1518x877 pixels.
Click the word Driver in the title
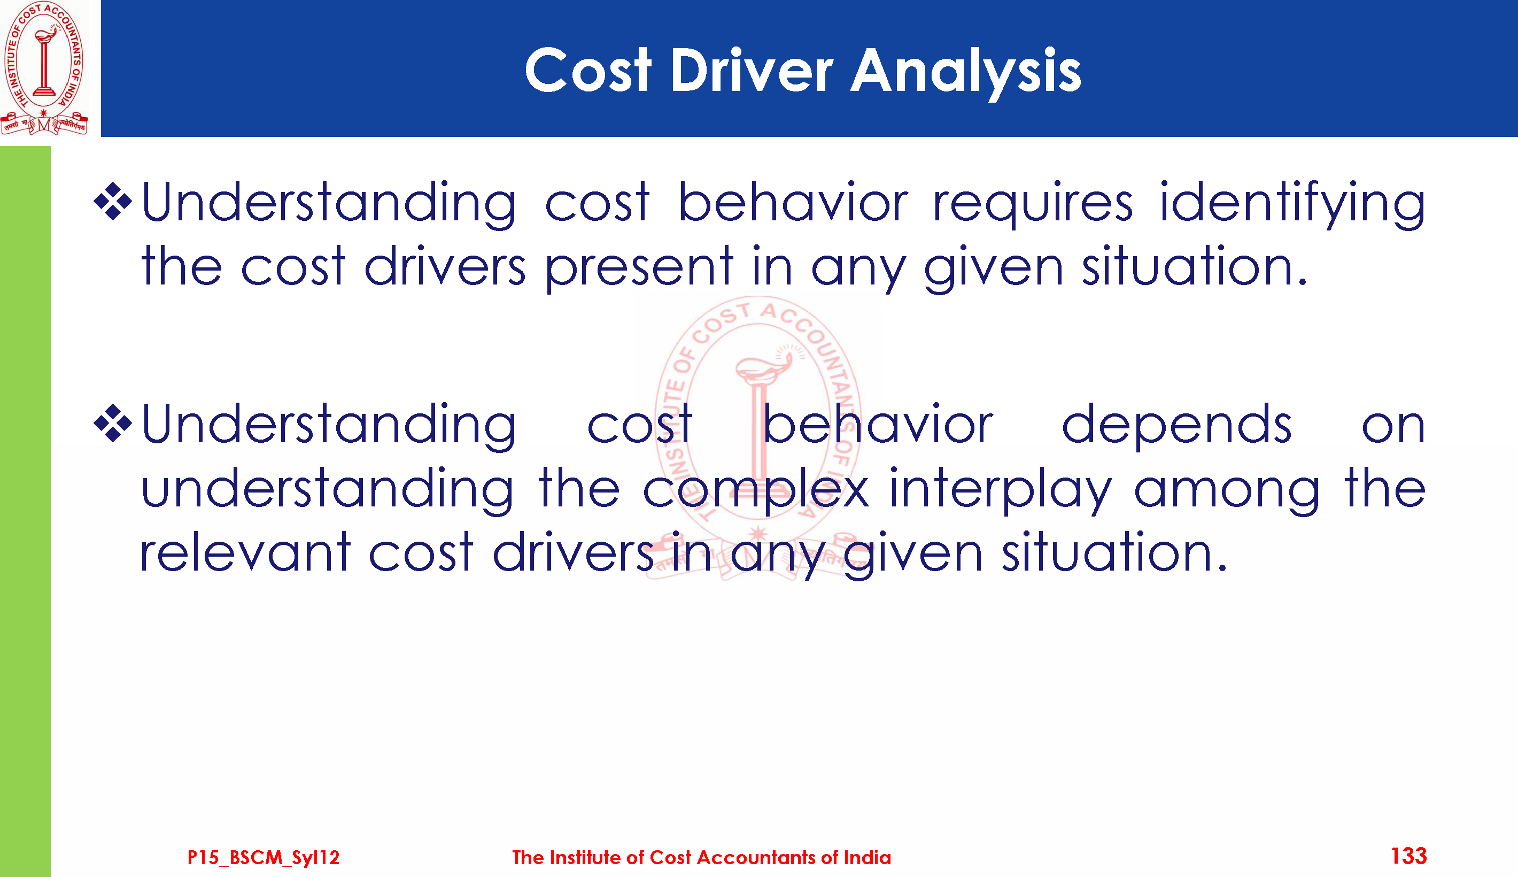750,71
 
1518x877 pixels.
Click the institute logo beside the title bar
44,68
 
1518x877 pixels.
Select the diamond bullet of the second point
113,424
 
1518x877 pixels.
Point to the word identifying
1292,205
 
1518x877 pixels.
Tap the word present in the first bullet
639,269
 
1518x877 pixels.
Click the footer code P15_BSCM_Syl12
264,857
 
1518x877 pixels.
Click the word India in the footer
868,857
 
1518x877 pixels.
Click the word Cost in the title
588,71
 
